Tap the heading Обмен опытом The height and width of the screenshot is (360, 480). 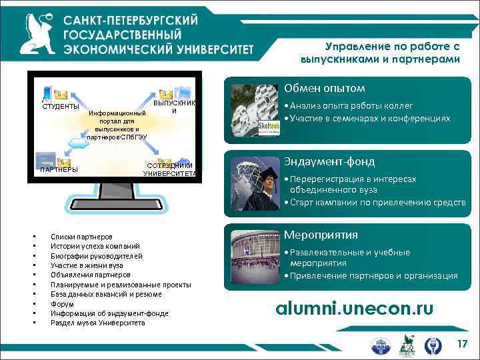point(324,89)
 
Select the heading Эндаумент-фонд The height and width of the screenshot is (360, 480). point(329,161)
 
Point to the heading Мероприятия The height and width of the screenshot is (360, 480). point(321,235)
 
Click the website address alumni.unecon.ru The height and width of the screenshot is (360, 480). point(355,307)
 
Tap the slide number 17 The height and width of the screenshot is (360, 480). point(462,343)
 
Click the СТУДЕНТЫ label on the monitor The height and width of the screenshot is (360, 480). point(61,107)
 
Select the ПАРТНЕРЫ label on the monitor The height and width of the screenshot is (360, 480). point(59,169)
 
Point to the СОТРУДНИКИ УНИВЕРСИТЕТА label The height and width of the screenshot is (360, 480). point(170,169)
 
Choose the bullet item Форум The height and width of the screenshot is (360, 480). point(62,304)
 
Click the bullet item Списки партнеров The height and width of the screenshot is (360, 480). point(81,237)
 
